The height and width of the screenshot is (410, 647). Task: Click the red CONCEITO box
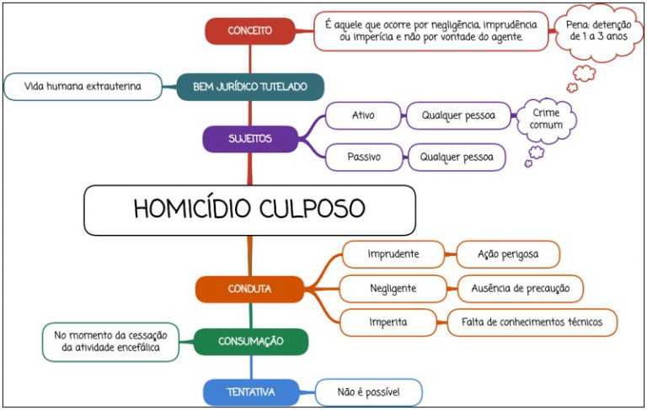250,31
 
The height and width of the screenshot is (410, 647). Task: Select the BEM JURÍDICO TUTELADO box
250,87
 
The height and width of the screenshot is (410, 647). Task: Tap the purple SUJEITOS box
250,139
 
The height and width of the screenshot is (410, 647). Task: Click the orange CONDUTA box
249,289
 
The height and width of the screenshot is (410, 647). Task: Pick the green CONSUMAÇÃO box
251,342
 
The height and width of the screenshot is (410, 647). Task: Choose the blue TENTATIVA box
251,391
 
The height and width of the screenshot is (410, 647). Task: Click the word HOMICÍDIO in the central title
192,208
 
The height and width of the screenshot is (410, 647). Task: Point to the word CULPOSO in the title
313,208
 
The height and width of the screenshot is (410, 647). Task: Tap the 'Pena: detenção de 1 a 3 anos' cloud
598,31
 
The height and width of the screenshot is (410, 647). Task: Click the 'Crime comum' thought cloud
546,120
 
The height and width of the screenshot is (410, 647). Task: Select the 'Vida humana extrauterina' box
83,87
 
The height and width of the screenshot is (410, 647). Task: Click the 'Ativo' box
363,115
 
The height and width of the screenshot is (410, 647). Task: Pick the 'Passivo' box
364,157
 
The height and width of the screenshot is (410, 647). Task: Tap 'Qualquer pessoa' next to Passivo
457,157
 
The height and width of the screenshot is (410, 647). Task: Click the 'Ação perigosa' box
508,254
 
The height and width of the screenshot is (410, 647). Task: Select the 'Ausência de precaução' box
521,288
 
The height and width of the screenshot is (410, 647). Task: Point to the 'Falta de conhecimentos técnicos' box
532,322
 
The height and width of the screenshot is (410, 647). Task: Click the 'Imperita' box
388,322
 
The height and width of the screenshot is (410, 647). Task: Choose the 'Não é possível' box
369,392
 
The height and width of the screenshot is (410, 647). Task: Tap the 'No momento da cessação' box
110,342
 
